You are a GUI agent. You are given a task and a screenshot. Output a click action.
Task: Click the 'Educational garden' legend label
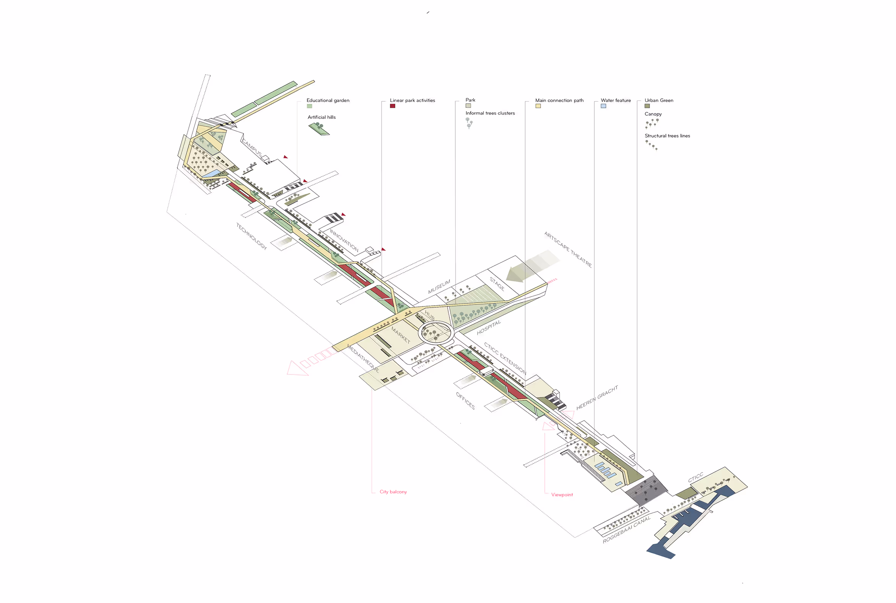tap(328, 100)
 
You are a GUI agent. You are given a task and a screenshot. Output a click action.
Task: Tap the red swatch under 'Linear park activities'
tap(393, 106)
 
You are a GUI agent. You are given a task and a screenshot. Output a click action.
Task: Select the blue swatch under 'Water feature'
tap(603, 106)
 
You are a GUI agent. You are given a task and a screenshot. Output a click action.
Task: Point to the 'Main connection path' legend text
tap(559, 100)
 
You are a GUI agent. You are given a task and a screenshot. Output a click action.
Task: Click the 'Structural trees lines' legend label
tap(667, 136)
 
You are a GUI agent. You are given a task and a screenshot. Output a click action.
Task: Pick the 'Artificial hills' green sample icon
tap(319, 128)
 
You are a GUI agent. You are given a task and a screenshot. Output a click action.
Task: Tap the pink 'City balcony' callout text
tap(393, 492)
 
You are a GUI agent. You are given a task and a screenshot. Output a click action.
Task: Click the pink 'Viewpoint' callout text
tap(562, 495)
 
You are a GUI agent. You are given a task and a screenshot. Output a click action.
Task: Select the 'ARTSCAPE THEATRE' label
tap(568, 250)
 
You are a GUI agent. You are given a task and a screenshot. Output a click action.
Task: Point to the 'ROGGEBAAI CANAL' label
tap(626, 530)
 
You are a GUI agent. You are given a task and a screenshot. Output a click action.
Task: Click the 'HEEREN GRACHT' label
tap(597, 398)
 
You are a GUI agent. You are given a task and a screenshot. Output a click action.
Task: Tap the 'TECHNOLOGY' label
tap(251, 236)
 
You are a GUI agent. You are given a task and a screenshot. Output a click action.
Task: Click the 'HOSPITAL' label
tap(489, 327)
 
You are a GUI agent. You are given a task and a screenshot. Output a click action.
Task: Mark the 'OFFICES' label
tap(465, 401)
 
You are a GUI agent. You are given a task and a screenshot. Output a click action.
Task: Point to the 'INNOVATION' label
tap(344, 241)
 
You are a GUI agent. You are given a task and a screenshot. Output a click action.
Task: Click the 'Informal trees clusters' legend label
tap(490, 113)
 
